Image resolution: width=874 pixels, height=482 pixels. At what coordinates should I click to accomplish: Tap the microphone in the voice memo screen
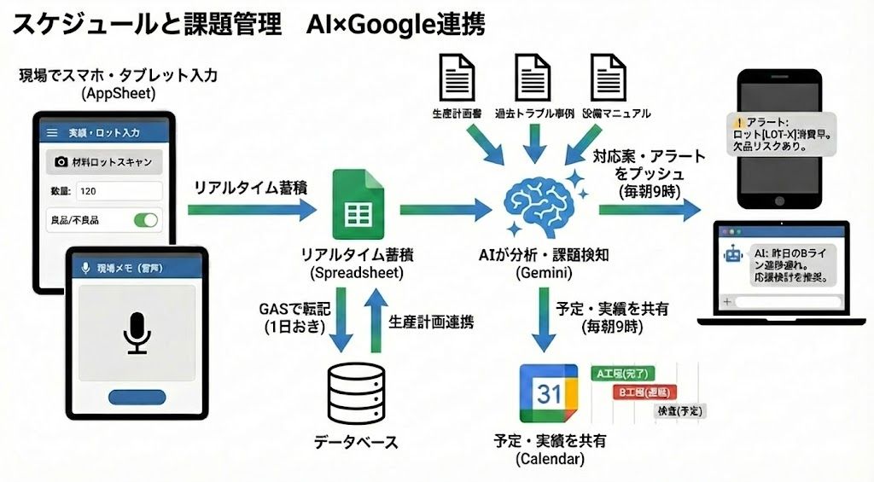(x=137, y=331)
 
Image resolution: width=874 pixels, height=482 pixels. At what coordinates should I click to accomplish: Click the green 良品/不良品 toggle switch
(x=145, y=220)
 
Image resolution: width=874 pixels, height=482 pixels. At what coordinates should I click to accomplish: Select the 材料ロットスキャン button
(x=104, y=161)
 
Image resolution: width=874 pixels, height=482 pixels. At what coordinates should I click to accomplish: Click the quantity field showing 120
(x=119, y=191)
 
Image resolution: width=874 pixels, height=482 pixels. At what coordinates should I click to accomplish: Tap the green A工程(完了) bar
(x=622, y=373)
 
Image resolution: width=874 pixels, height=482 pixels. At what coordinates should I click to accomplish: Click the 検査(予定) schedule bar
(x=679, y=410)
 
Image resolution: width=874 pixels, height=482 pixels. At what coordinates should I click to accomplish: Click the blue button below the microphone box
(x=137, y=397)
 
